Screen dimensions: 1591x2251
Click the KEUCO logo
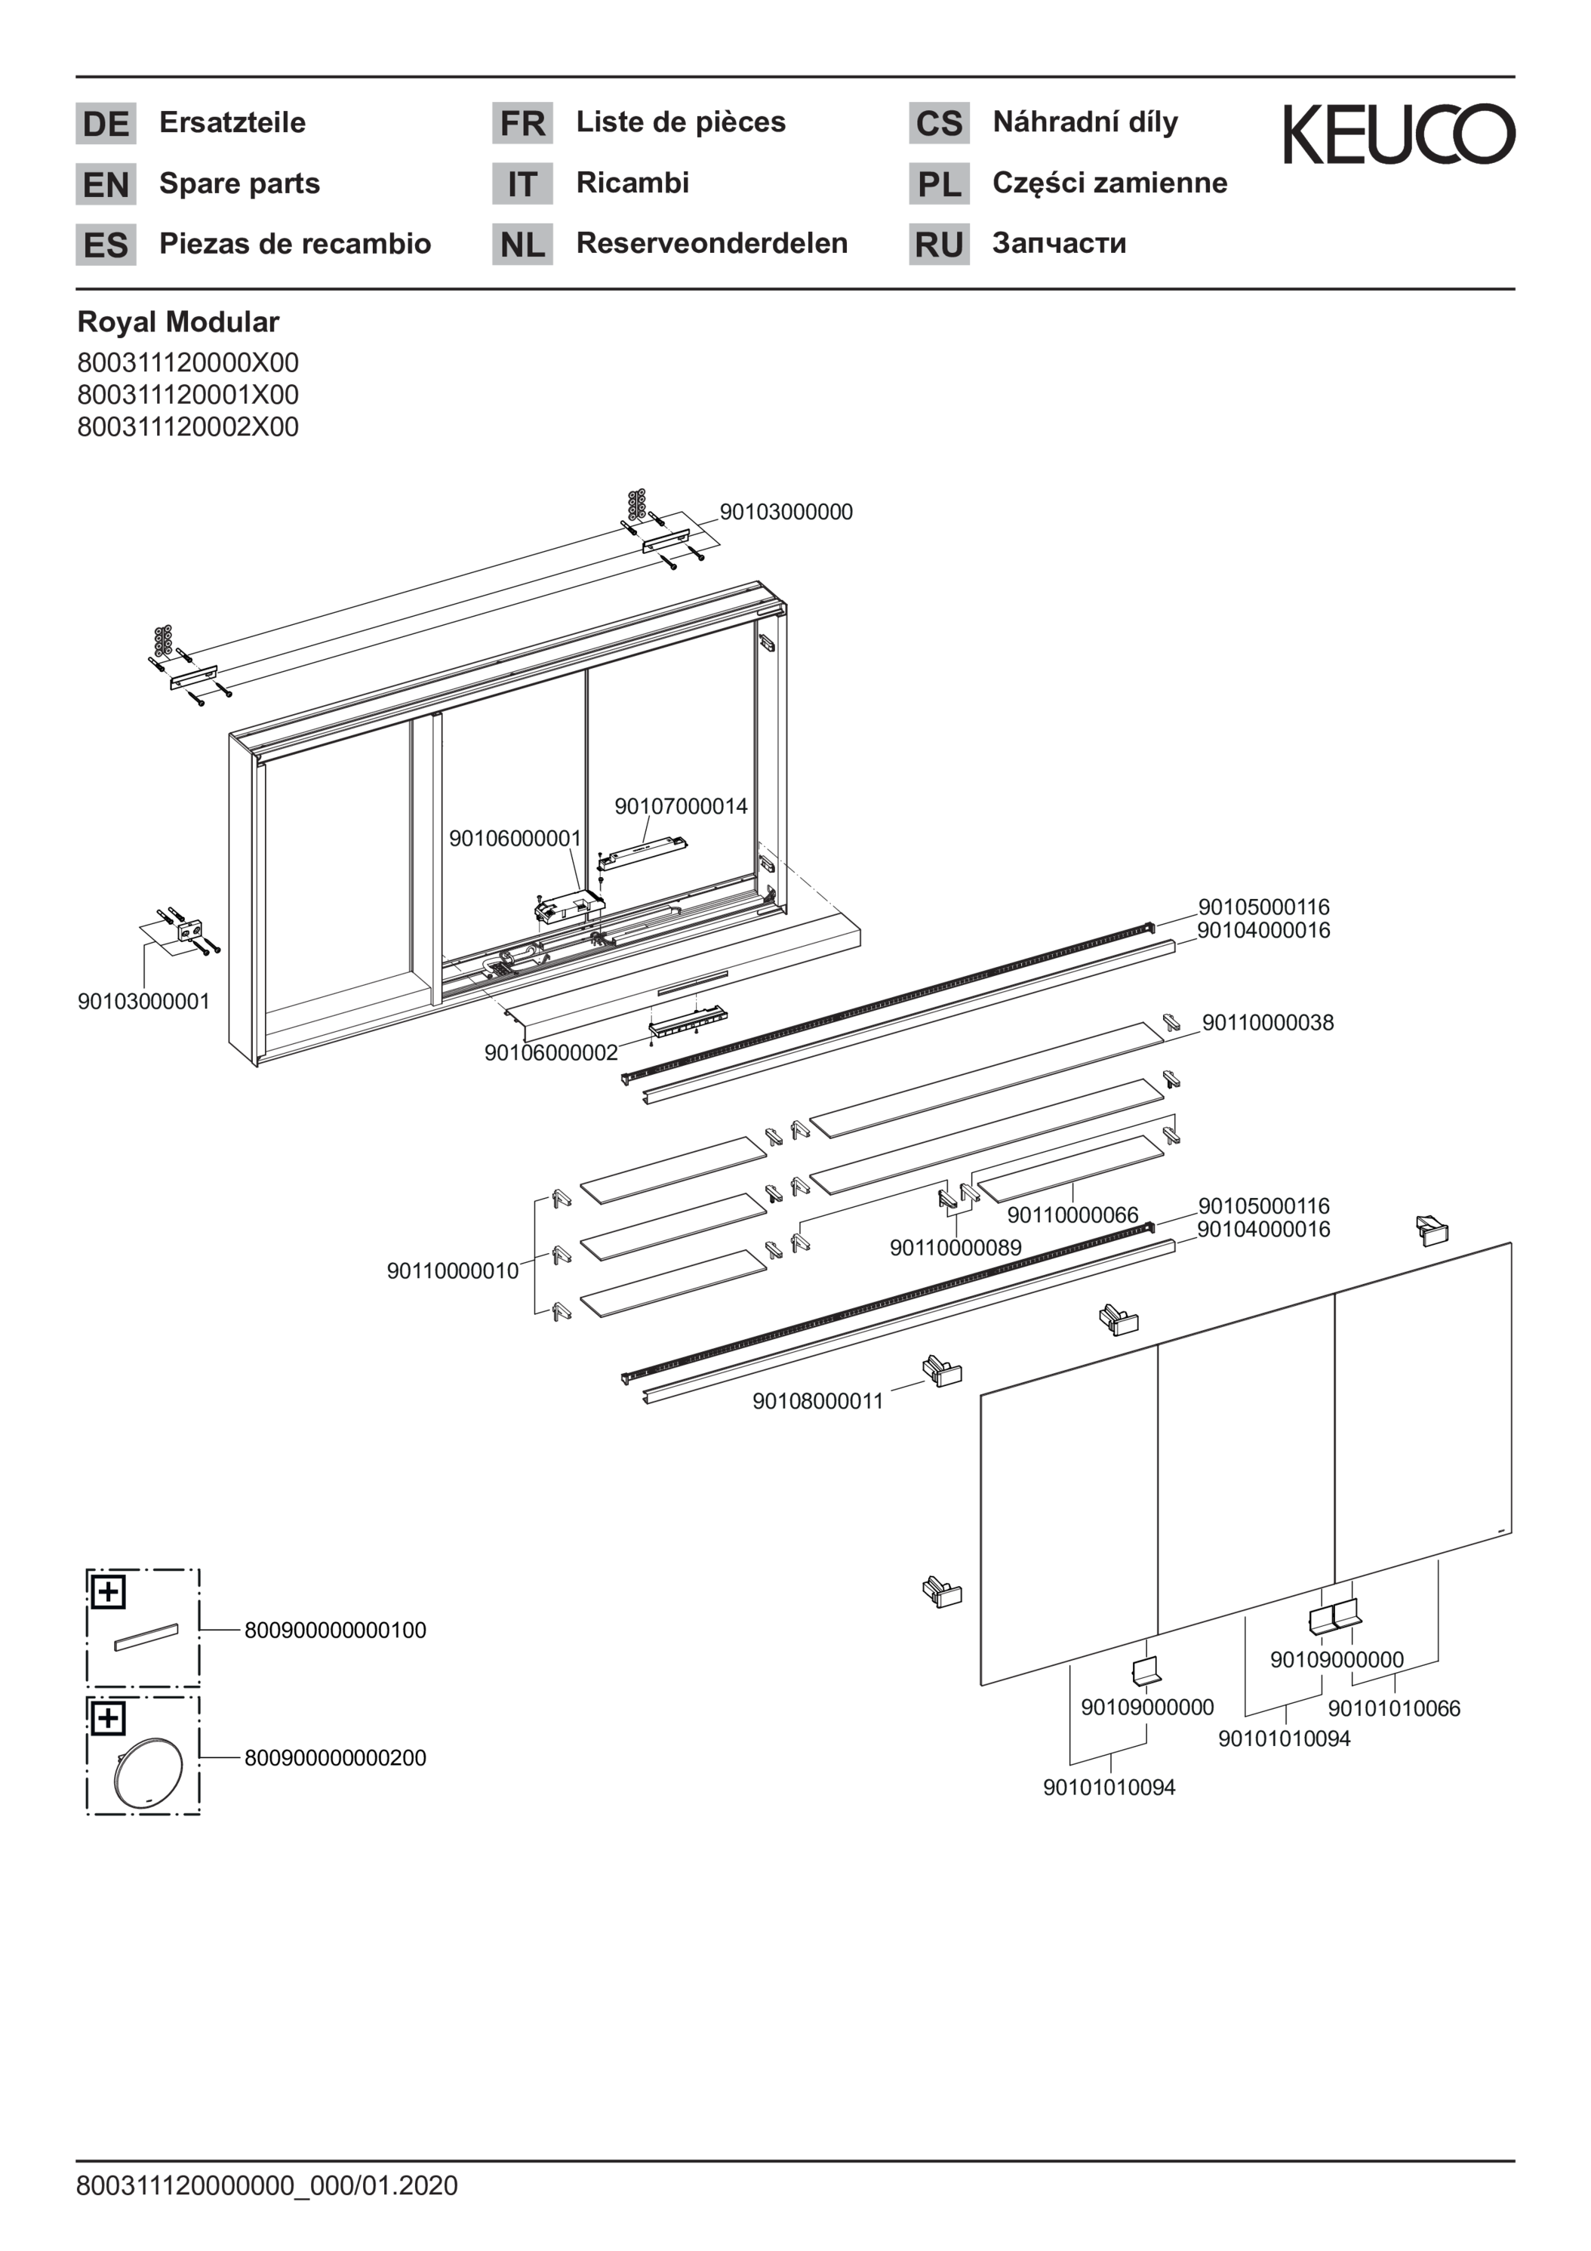tap(1399, 134)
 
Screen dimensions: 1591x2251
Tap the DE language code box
tap(106, 124)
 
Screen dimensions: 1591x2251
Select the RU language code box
tap(939, 244)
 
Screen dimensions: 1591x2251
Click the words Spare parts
tap(239, 183)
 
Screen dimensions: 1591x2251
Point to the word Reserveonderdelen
tap(712, 243)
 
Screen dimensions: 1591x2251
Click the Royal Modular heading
tap(178, 322)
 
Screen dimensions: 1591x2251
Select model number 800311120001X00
tap(188, 394)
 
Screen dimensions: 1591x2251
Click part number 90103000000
tap(786, 512)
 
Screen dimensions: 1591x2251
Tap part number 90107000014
tap(682, 806)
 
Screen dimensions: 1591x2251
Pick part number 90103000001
tap(144, 1001)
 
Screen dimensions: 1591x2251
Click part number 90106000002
tap(551, 1052)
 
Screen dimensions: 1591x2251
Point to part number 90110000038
tap(1269, 1023)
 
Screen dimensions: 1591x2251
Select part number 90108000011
tap(819, 1401)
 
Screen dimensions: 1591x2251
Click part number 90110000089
tap(956, 1247)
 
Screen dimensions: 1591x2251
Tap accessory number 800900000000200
tap(335, 1758)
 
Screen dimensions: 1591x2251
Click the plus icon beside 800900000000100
tap(108, 1591)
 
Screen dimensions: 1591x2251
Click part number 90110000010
tap(453, 1270)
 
